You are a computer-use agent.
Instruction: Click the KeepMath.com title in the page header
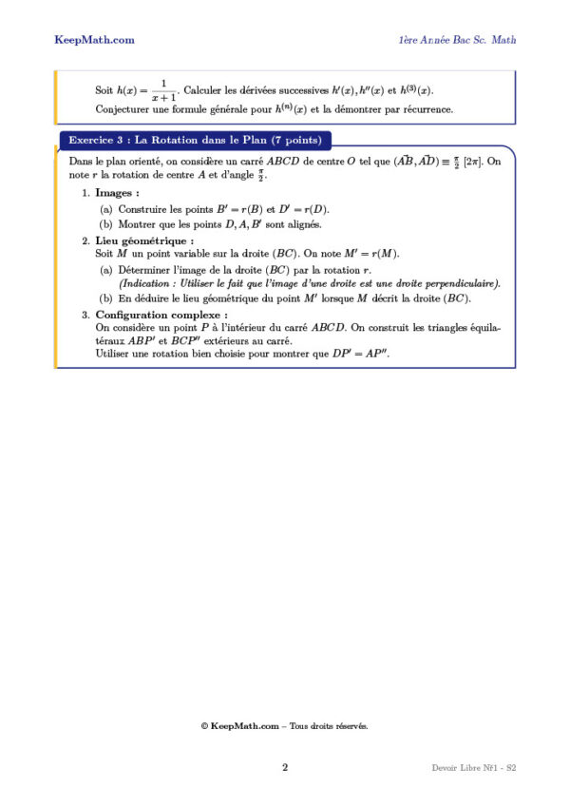tap(94, 40)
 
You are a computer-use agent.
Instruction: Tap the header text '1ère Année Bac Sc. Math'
tap(457, 40)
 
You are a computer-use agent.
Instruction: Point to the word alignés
tap(301, 225)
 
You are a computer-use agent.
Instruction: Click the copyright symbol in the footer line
tap(204, 726)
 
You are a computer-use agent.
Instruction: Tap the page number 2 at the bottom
tap(284, 766)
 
